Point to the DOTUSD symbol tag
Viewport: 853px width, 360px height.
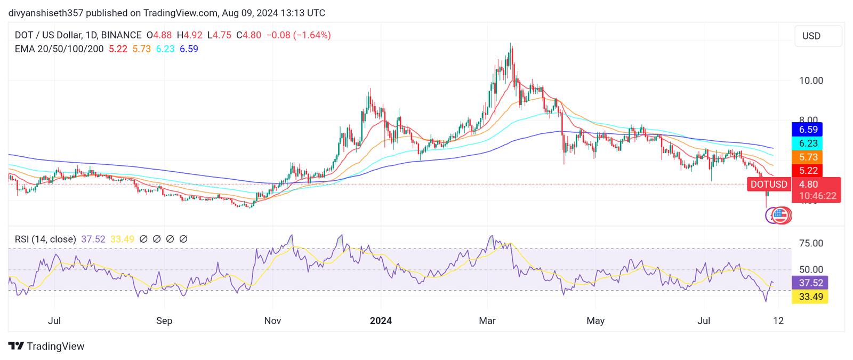point(769,185)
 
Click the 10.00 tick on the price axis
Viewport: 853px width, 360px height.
point(811,81)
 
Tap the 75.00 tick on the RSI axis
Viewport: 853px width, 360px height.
point(811,243)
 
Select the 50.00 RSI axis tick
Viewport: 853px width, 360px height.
point(811,269)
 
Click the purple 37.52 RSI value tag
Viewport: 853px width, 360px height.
point(810,283)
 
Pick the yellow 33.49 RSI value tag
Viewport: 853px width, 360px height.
point(810,297)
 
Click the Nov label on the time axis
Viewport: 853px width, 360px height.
point(272,321)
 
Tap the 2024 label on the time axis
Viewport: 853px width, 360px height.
point(381,321)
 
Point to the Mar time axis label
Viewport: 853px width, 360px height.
point(487,321)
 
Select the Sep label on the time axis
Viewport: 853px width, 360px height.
point(164,321)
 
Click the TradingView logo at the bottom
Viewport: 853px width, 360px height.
point(46,346)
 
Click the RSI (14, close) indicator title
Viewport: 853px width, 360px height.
point(45,239)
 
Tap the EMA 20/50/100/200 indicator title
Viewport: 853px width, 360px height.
point(59,49)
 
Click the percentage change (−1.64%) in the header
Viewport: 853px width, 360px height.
point(313,35)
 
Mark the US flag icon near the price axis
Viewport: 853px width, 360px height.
point(780,215)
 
